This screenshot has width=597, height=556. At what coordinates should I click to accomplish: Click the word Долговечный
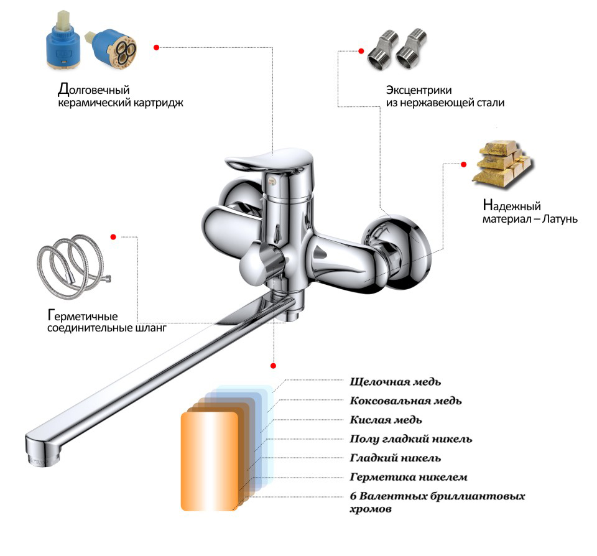click(x=94, y=90)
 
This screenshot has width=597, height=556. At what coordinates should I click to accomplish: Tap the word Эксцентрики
click(x=419, y=90)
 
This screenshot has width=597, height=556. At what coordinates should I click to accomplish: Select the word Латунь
click(x=560, y=219)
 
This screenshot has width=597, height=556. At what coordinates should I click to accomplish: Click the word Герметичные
click(x=83, y=316)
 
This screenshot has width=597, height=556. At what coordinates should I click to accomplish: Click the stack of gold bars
click(x=502, y=163)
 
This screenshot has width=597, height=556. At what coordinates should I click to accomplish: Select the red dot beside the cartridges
click(x=157, y=47)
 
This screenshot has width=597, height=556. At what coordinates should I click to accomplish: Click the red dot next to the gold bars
click(x=463, y=165)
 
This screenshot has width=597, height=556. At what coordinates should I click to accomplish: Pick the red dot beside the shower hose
click(x=113, y=237)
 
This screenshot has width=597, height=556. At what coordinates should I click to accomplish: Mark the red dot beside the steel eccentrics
click(x=361, y=51)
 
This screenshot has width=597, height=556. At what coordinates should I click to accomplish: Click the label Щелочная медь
click(x=396, y=382)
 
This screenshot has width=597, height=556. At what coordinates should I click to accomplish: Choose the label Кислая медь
click(x=386, y=420)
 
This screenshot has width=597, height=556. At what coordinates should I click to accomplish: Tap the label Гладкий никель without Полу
click(x=396, y=458)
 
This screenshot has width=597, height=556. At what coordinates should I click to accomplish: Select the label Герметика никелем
click(x=409, y=477)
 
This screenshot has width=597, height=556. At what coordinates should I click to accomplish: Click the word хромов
click(x=371, y=509)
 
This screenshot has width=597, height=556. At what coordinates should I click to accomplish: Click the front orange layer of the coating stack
click(x=210, y=461)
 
